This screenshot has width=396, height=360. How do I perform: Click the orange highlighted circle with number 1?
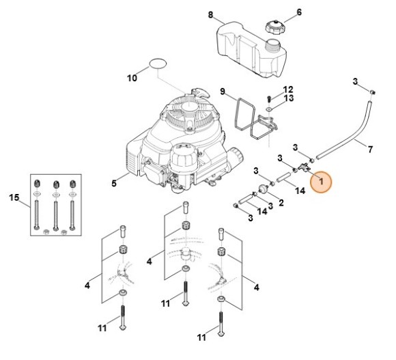coord(321,182)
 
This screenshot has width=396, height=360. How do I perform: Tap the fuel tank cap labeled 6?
coord(274,27)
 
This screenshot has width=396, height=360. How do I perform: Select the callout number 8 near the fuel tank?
coord(210,15)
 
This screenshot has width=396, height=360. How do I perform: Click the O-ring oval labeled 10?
coord(158,64)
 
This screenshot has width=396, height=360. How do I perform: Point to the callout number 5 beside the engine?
coord(114,183)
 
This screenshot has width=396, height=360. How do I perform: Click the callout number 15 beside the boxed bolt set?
coord(14,197)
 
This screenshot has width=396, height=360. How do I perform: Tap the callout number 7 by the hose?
coord(370,150)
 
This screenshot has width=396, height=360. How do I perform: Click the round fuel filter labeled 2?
coord(264,189)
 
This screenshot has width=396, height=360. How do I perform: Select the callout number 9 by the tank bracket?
coord(223,92)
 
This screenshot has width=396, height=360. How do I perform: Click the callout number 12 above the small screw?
coord(288,89)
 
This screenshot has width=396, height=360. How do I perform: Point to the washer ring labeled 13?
coord(270,109)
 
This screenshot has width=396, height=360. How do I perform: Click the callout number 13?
coord(288,98)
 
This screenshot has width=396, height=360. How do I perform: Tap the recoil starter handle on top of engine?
coord(201,92)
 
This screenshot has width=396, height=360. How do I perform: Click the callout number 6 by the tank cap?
coord(299,12)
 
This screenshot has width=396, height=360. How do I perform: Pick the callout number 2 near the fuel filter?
coord(281,202)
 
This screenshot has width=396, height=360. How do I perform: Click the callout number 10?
coord(132,78)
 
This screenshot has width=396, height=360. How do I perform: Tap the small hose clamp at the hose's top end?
coord(371,92)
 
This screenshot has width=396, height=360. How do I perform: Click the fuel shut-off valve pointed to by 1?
coord(304,167)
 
